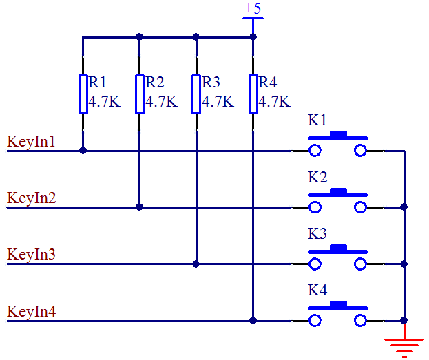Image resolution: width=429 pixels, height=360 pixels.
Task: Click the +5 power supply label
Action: pos(253,9)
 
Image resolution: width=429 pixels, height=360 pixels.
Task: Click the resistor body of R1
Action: pos(83,94)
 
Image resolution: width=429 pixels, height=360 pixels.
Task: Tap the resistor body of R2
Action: pos(139,94)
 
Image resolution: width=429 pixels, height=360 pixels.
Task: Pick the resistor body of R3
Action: pos(196,94)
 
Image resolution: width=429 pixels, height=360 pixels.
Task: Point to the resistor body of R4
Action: pos(253,94)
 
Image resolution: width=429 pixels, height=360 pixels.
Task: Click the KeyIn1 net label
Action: pos(31,142)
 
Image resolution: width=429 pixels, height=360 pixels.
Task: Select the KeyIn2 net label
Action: pos(31,199)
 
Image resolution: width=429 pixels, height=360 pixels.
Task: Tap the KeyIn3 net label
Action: pos(31,255)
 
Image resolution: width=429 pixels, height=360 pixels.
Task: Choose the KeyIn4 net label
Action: pos(31,312)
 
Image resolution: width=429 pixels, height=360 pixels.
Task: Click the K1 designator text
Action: pos(317,120)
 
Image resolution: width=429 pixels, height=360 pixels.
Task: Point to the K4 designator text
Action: pos(317,290)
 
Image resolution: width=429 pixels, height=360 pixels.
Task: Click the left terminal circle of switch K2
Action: pos(315,207)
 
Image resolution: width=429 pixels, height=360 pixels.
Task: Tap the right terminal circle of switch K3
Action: pos(360,264)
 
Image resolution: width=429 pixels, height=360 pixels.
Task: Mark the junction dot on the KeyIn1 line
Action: pos(83,150)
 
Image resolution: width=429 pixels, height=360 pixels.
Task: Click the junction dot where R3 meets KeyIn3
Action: pos(196,264)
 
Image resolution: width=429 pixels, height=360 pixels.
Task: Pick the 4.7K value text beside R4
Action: pos(275,103)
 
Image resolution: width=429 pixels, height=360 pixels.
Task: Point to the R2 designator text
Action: pos(155,83)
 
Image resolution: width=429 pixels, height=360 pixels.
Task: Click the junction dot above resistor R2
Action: pos(139,37)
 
